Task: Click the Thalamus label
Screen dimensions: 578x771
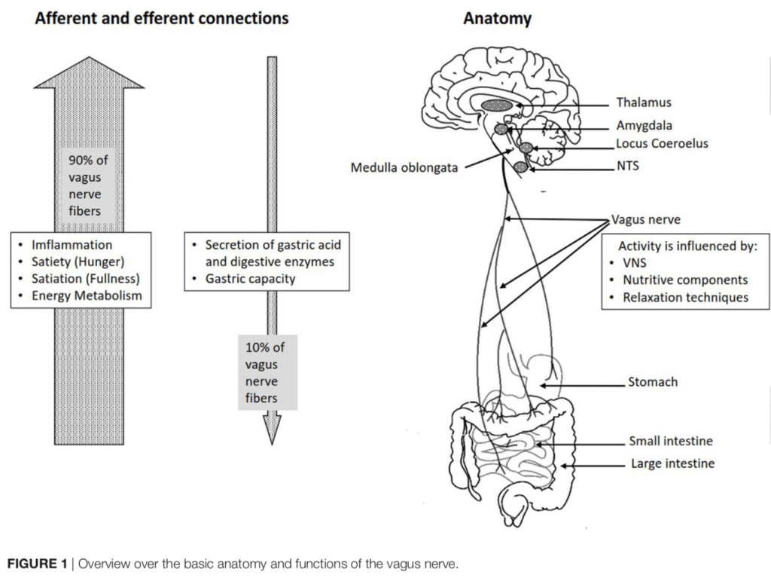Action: pos(643,102)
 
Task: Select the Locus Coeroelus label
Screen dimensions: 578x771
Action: pos(662,143)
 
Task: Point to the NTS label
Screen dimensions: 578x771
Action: pos(627,166)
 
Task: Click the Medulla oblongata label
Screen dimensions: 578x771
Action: pos(404,167)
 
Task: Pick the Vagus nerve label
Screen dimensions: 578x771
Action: pos(646,220)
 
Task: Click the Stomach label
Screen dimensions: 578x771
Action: pos(653,382)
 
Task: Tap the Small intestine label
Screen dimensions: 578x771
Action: pos(670,442)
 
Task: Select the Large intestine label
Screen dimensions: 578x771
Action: pos(672,463)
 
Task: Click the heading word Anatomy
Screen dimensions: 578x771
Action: pos(497,18)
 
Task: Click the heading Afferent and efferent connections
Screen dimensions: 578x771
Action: pos(162,18)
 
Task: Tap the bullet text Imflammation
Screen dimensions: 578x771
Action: pos(72,245)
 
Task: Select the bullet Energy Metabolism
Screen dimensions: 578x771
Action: pos(87,295)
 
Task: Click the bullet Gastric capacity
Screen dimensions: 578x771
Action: pos(250,279)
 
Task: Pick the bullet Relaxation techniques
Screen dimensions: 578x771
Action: pos(685,297)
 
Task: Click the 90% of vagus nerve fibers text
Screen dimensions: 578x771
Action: pos(89,185)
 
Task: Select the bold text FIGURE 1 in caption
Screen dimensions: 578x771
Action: pos(36,564)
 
